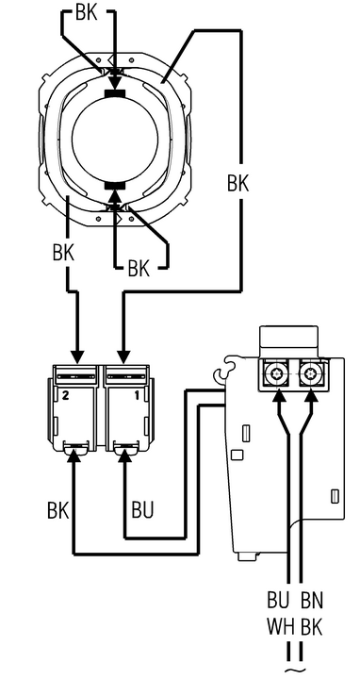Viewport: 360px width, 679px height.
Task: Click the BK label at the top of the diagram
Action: click(x=86, y=13)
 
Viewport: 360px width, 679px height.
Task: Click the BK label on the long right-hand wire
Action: click(x=238, y=184)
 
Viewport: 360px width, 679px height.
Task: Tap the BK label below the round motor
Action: click(x=139, y=270)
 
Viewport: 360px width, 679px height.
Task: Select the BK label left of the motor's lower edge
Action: click(x=63, y=253)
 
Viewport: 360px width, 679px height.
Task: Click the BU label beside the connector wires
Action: click(x=143, y=510)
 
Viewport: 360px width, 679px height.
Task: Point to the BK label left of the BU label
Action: click(x=58, y=510)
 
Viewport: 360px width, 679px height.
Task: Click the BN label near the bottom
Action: click(x=312, y=602)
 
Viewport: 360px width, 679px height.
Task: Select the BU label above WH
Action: click(x=278, y=602)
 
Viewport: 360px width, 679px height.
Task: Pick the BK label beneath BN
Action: click(x=312, y=626)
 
